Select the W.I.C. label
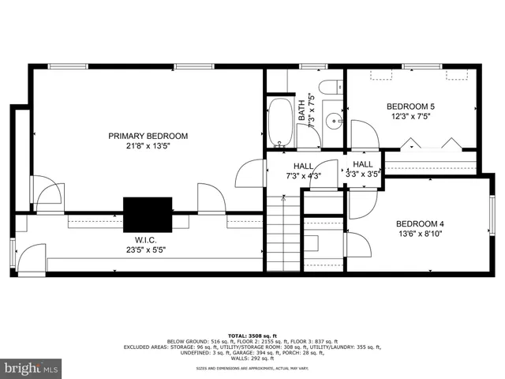point(148,239)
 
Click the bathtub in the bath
point(280,122)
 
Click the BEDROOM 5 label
point(410,106)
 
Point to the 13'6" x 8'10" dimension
point(420,233)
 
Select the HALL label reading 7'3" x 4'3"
point(304,171)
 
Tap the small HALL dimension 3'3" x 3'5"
point(364,169)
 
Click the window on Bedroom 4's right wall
point(492,218)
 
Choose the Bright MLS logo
point(32,368)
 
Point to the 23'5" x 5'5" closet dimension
point(148,250)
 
